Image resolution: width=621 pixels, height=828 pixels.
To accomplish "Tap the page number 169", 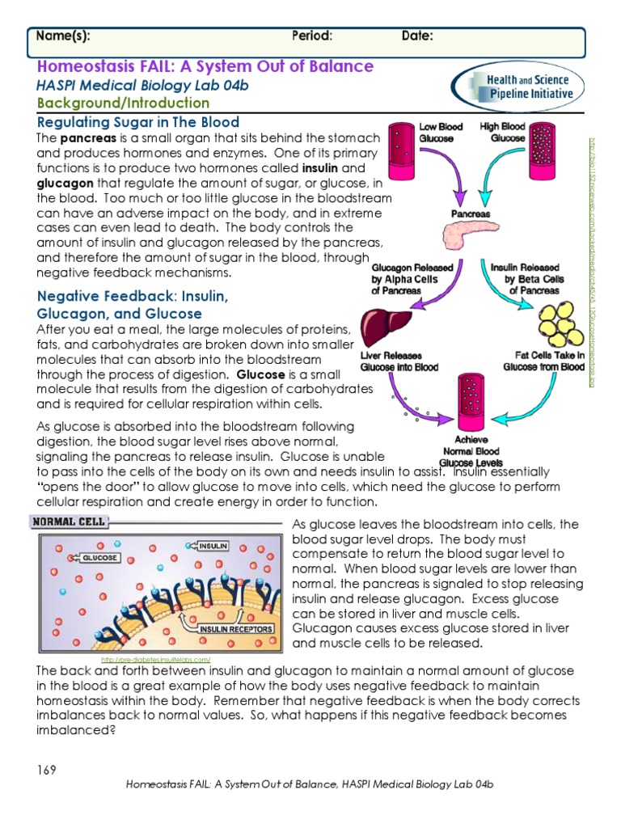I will click(x=46, y=770).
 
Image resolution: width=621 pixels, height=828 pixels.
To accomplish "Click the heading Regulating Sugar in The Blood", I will click(x=138, y=122).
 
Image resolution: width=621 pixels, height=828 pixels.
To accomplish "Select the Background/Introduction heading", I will click(x=123, y=103).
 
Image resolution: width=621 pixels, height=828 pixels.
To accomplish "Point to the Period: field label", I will click(x=312, y=36).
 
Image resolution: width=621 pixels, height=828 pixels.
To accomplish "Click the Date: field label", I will click(x=417, y=36).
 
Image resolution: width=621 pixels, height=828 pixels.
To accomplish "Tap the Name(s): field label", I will click(x=63, y=36).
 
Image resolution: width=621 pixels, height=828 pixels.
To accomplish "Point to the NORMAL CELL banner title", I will click(x=69, y=522).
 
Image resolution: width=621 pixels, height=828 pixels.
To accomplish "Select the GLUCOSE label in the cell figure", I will click(x=99, y=558).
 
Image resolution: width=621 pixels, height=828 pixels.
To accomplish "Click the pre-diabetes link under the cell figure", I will click(x=155, y=660).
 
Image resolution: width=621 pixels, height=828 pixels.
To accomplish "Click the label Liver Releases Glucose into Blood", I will click(x=399, y=361).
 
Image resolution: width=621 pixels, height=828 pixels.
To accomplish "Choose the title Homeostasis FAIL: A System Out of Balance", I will click(x=205, y=66).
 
